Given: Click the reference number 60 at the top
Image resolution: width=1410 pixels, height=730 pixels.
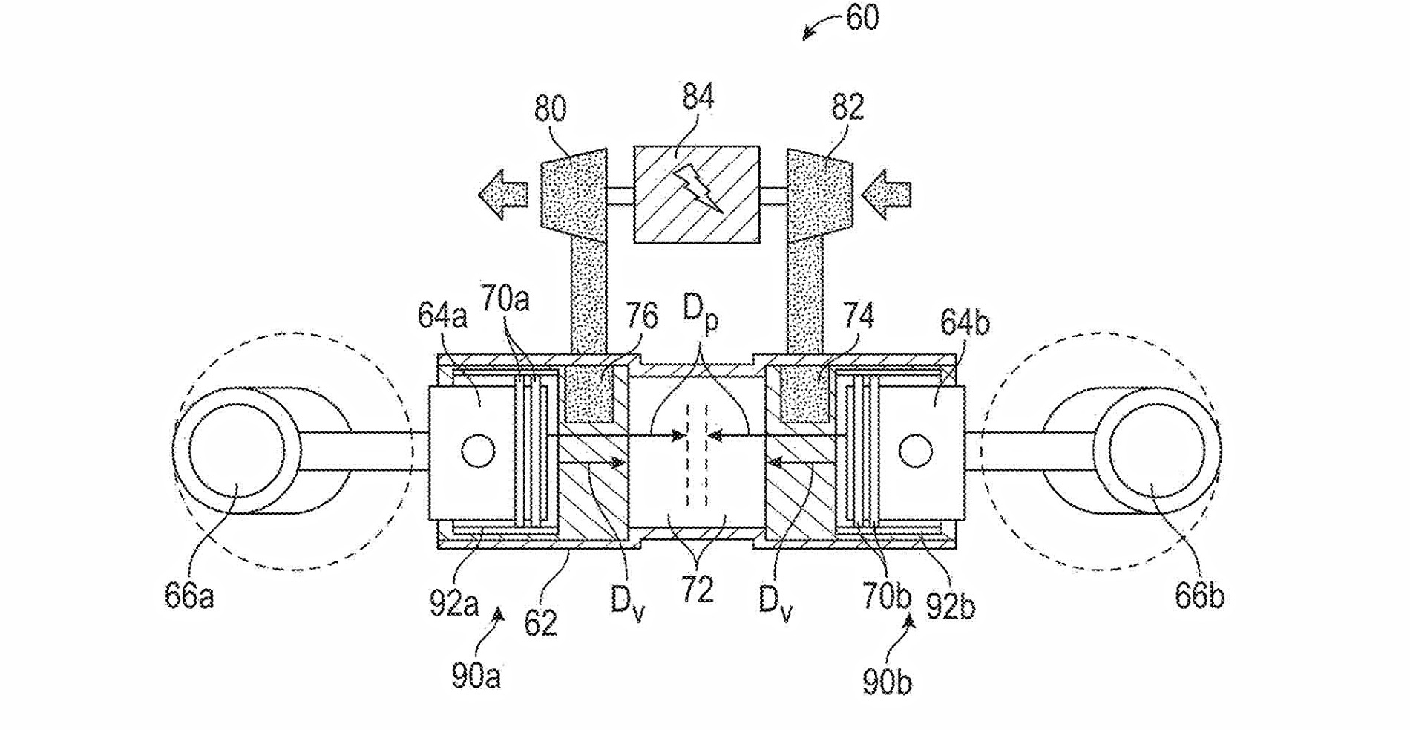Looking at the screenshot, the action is pyautogui.click(x=862, y=18).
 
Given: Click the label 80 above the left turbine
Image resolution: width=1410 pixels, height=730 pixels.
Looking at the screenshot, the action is pyautogui.click(x=550, y=109).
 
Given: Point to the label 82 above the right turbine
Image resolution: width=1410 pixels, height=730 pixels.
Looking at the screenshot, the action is pyautogui.click(x=848, y=107).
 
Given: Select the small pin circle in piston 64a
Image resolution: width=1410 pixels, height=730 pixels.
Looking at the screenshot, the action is pyautogui.click(x=477, y=450).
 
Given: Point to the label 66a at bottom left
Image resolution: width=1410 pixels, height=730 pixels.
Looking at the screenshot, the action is pyautogui.click(x=189, y=596).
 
